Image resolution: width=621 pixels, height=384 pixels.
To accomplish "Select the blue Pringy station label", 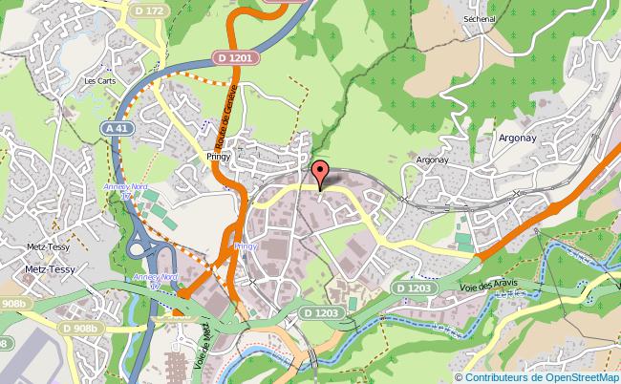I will (246, 245).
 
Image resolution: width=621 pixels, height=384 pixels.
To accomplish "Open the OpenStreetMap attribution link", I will (570, 375).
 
